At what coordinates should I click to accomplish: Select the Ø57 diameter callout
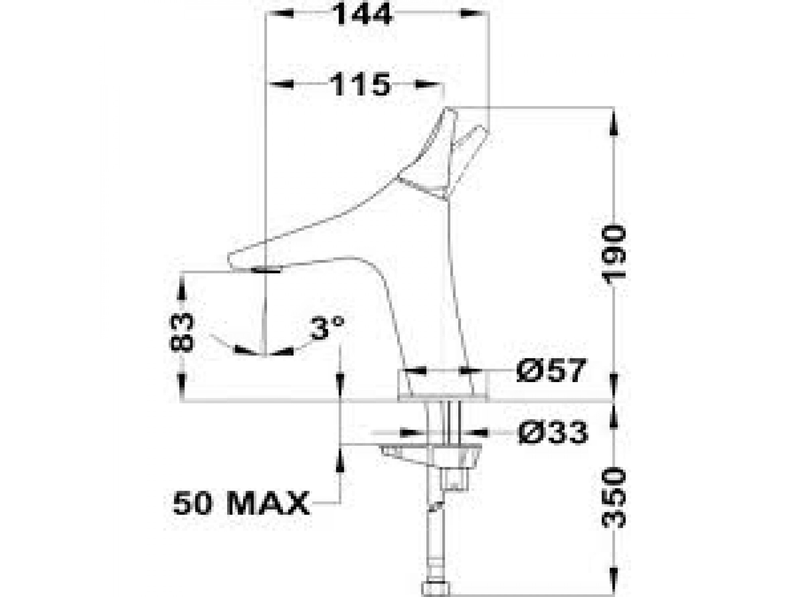pos(552,371)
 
